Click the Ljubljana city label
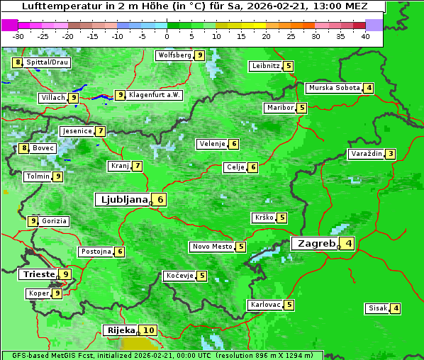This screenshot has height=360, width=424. pyautogui.click(x=122, y=200)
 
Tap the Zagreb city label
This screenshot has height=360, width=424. pyautogui.click(x=316, y=244)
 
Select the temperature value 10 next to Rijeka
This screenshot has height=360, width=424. pyautogui.click(x=148, y=330)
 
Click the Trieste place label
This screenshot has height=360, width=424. pyautogui.click(x=38, y=274)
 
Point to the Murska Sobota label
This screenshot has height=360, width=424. pyautogui.click(x=333, y=88)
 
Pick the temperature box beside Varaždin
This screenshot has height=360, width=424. pyautogui.click(x=390, y=154)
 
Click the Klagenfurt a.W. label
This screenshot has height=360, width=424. pyautogui.click(x=155, y=95)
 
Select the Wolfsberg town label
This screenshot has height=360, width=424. pyautogui.click(x=174, y=55)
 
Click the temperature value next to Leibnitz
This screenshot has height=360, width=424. pyautogui.click(x=289, y=66)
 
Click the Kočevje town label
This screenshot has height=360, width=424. pyautogui.click(x=179, y=276)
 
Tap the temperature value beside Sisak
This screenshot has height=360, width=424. pyautogui.click(x=396, y=308)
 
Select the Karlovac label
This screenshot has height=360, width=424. pyautogui.click(x=266, y=305)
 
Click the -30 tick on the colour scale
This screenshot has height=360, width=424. pyautogui.click(x=18, y=36)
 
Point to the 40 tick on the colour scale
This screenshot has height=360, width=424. pyautogui.click(x=365, y=36)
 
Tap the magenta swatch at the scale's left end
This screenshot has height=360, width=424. pyautogui.click(x=10, y=24)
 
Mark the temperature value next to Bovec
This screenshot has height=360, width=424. pyautogui.click(x=24, y=148)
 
